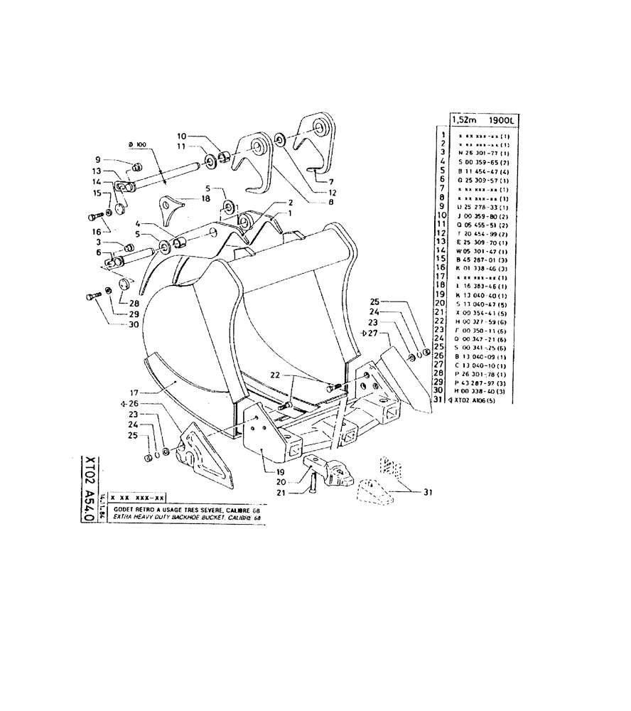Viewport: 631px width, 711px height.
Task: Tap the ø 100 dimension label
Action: (138, 145)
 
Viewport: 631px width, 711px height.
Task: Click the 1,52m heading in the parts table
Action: (465, 121)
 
